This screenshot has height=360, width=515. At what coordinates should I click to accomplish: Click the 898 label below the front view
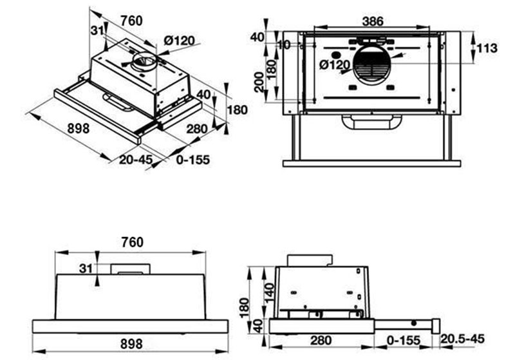[x=131, y=344]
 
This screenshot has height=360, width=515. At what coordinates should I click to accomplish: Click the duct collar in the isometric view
[x=142, y=63]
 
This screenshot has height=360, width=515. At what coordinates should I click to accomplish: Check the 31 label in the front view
[x=84, y=267]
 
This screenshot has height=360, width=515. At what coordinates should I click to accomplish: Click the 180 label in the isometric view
[x=238, y=109]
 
